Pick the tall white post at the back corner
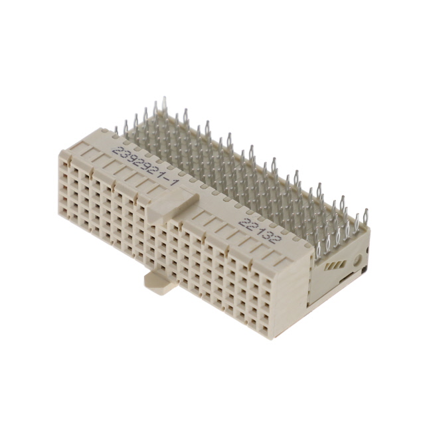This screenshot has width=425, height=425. coord(164,106)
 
